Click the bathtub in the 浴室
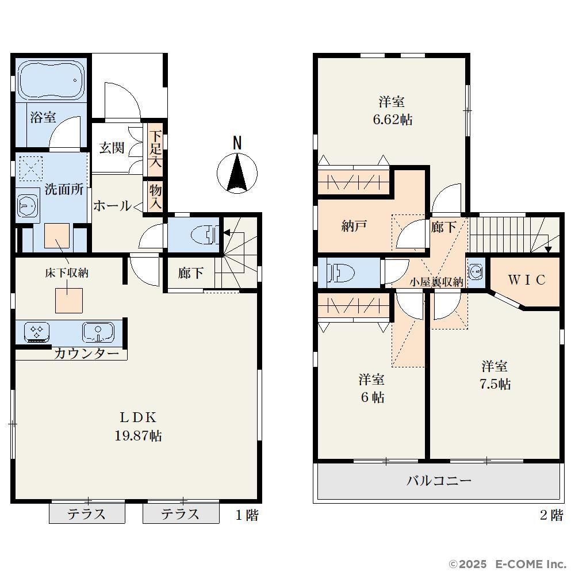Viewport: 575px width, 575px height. click(x=51, y=80)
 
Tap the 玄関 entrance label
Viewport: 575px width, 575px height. click(x=112, y=148)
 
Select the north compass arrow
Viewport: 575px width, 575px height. click(x=237, y=172)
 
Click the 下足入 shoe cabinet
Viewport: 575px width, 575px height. click(x=155, y=149)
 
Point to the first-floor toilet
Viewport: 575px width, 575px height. click(x=205, y=234)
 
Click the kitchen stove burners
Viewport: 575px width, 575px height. click(x=37, y=331)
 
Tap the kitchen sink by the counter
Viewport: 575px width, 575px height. click(x=98, y=332)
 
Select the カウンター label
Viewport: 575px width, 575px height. click(x=87, y=354)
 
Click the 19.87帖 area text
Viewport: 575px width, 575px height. click(x=138, y=436)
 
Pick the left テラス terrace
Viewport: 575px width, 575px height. click(x=87, y=513)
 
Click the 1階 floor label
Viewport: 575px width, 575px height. click(x=247, y=515)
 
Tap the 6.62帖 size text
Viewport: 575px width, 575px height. click(x=392, y=120)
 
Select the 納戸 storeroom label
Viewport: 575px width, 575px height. click(x=354, y=226)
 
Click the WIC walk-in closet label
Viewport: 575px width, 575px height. click(x=527, y=280)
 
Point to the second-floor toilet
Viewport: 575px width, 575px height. click(x=341, y=273)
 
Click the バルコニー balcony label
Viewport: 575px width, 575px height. click(x=439, y=480)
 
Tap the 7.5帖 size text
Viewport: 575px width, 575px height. click(x=494, y=384)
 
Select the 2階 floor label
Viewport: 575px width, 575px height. click(x=551, y=515)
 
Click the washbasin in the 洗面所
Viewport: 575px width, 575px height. click(x=28, y=205)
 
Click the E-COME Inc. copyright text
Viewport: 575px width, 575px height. click(x=531, y=563)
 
